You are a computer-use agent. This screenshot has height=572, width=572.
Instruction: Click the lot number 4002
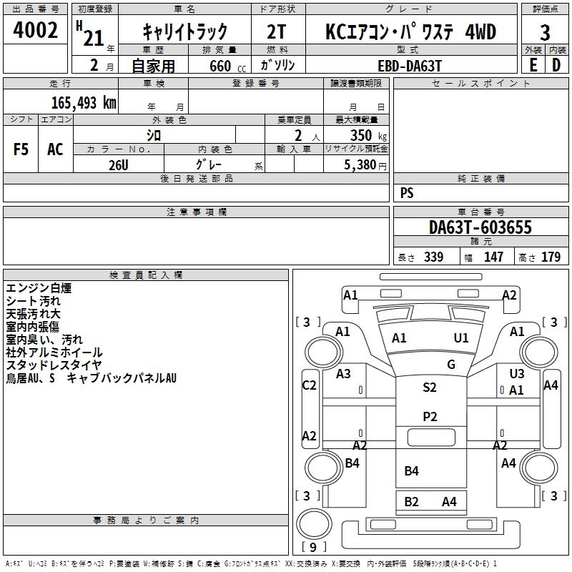[35, 31]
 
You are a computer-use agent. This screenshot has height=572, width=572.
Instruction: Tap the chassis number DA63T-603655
[480, 227]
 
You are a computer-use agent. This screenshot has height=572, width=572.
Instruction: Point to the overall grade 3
[545, 32]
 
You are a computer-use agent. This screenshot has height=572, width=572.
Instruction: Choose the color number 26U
[119, 164]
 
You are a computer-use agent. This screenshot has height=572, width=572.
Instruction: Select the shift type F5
[21, 149]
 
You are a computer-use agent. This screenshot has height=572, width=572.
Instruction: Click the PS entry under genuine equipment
[407, 193]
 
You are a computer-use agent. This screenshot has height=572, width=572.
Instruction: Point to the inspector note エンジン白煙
[39, 288]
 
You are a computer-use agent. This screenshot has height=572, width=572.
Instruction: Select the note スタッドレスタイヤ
[54, 365]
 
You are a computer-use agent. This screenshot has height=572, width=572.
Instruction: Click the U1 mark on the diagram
[461, 337]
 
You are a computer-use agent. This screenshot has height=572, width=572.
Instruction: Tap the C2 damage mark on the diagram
[309, 385]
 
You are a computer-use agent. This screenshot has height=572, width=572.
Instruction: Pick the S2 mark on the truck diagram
[429, 388]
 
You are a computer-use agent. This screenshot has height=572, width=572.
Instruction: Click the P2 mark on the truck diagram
[429, 417]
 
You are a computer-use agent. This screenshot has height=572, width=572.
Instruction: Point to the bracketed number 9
[314, 548]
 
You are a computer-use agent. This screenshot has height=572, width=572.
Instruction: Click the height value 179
[551, 257]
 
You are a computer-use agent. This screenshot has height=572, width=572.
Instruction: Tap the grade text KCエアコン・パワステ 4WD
[410, 32]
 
